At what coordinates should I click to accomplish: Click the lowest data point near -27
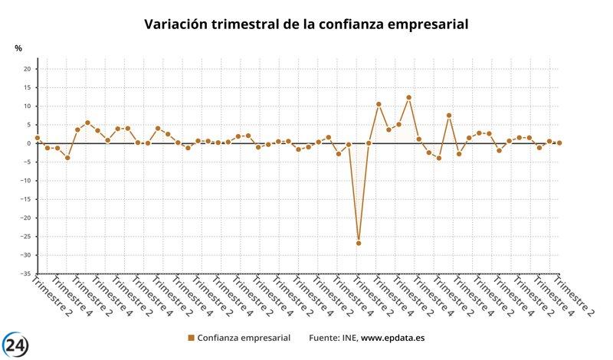(359, 244)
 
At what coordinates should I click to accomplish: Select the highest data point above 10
(409, 97)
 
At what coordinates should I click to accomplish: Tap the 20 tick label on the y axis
(26, 69)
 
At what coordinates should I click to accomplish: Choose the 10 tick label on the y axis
(26, 106)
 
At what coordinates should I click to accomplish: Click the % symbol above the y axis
(18, 49)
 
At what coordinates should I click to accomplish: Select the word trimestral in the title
(261, 24)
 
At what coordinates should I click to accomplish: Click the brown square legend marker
(191, 337)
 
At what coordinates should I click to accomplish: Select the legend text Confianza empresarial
(244, 337)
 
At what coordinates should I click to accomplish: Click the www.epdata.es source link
(393, 337)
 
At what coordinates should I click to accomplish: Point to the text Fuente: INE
(333, 337)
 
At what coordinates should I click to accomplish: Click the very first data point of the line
(38, 138)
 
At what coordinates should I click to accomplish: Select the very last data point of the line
(559, 142)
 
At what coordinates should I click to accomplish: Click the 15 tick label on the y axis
(26, 87)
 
